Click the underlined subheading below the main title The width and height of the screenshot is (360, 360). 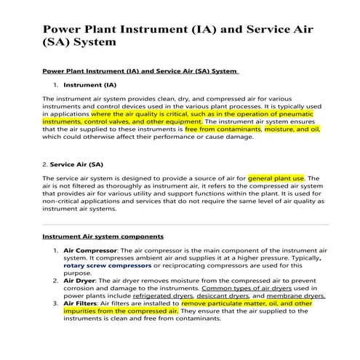pyautogui.click(x=140, y=71)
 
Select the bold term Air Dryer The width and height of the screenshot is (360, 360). pyautogui.click(x=79, y=280)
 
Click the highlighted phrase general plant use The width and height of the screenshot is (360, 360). pyautogui.click(x=276, y=177)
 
